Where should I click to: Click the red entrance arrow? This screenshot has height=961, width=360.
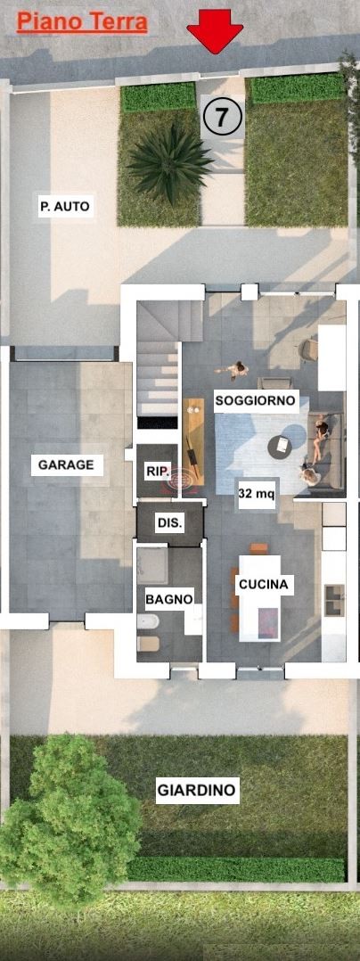coord(215,30)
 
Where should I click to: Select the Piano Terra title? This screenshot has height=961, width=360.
coord(82,22)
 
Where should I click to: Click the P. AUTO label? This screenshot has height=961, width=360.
coord(65,207)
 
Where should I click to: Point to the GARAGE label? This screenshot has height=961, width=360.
coord(66,465)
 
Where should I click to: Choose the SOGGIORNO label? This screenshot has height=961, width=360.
coord(256,401)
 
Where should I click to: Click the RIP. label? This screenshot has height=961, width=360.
coord(155,472)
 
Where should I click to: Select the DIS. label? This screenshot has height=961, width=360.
coord(169,523)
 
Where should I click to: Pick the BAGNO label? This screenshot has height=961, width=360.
coord(169,599)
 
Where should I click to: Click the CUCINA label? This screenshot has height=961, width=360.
coord(263,585)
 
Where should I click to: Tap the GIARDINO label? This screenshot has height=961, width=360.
coord(197,791)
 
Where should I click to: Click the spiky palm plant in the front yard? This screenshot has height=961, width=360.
coord(169,162)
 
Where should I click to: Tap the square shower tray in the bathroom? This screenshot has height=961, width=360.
coord(151,565)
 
